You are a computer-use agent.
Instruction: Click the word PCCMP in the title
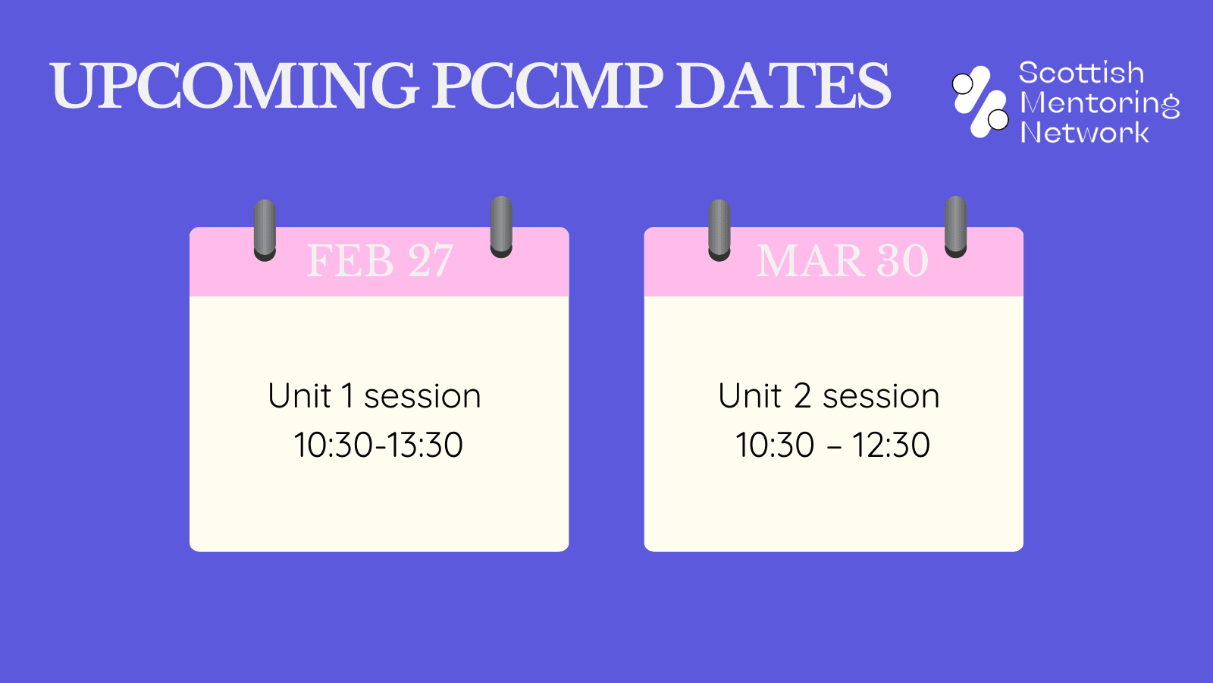click(x=547, y=86)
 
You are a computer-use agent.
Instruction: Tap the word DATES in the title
click(x=783, y=86)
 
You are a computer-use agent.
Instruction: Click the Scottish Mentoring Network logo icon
click(x=980, y=102)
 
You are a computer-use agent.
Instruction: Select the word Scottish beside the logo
click(x=1081, y=74)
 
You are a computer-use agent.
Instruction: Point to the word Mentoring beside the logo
click(x=1099, y=103)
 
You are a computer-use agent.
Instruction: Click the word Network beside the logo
click(x=1084, y=133)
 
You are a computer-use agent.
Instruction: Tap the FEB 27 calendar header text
click(x=380, y=261)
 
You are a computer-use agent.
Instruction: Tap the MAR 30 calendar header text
click(x=842, y=261)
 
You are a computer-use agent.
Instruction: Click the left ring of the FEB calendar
click(x=265, y=230)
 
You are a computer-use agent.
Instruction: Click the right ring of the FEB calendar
click(x=501, y=227)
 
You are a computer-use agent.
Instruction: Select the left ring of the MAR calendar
click(x=719, y=230)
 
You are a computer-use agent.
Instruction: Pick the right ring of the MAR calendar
click(x=956, y=227)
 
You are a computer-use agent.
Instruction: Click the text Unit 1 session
click(x=375, y=396)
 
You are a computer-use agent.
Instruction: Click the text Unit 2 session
click(x=829, y=396)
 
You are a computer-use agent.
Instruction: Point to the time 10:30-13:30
click(x=378, y=445)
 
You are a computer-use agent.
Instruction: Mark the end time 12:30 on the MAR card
click(x=891, y=445)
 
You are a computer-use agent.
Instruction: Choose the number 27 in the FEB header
click(x=431, y=261)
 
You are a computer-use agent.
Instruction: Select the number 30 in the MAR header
click(x=902, y=261)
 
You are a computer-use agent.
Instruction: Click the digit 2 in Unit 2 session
click(x=803, y=396)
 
